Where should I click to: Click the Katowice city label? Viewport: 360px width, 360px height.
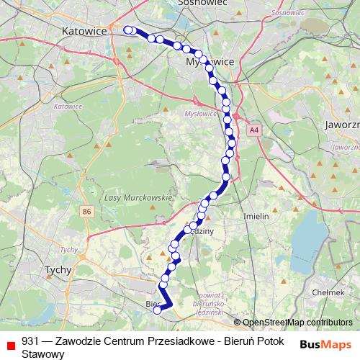coord(84,32)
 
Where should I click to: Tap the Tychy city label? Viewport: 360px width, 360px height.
coord(57,270)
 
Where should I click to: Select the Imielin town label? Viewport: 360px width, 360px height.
coord(256,216)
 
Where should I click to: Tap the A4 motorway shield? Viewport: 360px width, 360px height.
coord(253,130)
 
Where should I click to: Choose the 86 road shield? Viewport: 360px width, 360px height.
coord(87,211)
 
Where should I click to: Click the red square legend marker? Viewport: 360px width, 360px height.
coord(10,345)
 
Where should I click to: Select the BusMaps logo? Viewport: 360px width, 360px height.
coord(326,344)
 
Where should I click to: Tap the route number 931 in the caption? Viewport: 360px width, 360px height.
coord(31,341)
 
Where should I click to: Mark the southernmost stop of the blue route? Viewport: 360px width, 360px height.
coord(158,311)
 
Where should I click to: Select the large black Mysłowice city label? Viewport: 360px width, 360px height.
coord(210,62)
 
